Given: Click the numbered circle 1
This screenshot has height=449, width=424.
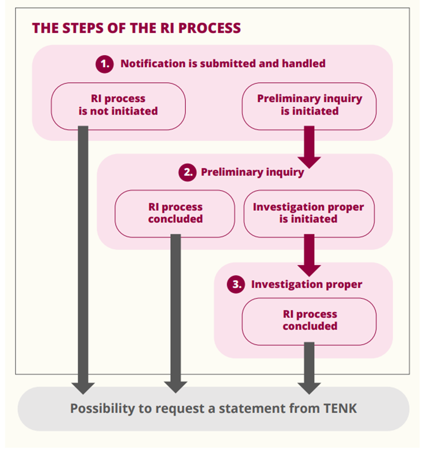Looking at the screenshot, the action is [105, 64].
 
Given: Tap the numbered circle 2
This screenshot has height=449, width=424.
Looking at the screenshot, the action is [188, 172].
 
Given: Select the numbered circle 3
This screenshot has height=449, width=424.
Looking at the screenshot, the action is [236, 284].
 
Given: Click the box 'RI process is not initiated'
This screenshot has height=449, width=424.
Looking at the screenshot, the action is [118, 106].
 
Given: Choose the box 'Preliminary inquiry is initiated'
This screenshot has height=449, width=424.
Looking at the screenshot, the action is [309, 106].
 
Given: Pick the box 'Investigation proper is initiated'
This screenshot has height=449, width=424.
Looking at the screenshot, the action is [309, 214].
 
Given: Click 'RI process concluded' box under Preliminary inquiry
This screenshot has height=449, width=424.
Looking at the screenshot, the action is [175, 214].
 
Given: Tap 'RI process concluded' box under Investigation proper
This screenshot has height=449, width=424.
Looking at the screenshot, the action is [309, 321].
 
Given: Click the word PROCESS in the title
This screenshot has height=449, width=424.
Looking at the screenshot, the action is [209, 28].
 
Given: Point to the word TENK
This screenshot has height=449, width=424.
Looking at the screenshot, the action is [340, 408].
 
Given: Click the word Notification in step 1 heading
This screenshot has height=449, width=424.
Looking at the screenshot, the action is [153, 63].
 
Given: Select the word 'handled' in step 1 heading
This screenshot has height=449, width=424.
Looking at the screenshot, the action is [304, 63].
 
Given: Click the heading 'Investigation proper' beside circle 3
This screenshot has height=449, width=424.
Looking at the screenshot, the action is [307, 284].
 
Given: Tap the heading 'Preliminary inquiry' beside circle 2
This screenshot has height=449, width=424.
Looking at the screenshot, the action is [252, 172].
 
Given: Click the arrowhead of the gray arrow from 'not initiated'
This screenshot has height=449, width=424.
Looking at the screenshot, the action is [83, 388].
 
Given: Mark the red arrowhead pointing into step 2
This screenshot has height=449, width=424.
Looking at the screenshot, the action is [309, 162].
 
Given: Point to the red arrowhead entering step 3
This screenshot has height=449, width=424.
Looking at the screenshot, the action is [309, 271].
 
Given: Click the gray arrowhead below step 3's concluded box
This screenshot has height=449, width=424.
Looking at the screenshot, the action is [309, 388].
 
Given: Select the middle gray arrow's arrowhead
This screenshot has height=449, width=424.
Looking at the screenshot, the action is [176, 387].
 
